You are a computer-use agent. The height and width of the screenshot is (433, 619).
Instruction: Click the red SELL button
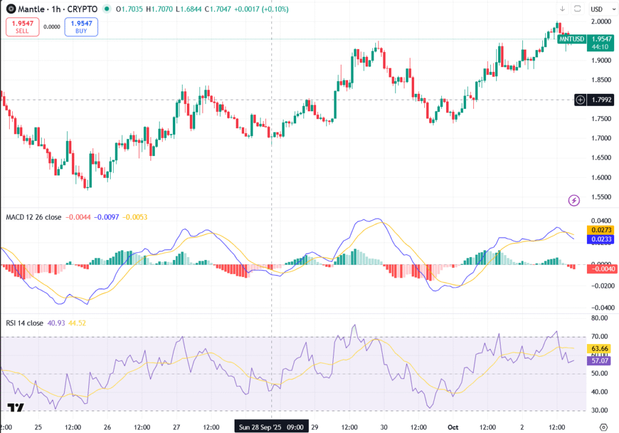22,26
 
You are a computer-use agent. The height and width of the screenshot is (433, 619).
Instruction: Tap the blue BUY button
81,26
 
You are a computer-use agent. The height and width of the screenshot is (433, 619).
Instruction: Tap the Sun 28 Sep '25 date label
271,427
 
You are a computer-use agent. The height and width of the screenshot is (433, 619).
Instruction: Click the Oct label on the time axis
453,427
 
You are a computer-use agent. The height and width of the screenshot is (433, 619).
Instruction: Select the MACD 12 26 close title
33,217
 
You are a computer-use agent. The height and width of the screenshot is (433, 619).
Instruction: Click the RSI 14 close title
24,323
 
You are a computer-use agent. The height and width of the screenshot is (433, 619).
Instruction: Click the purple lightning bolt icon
574,200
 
